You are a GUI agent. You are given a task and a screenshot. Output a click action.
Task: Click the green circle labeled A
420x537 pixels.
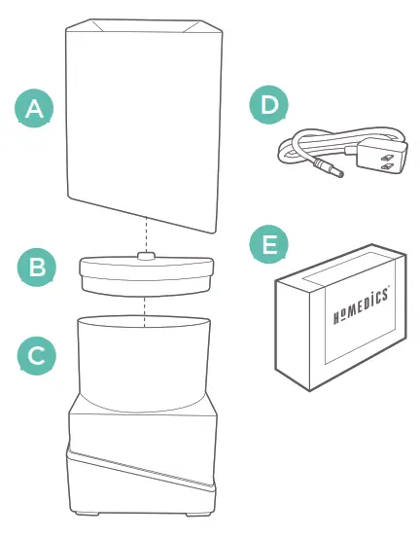tap(34, 109)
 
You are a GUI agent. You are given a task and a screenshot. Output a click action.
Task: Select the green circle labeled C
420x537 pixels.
tap(36, 356)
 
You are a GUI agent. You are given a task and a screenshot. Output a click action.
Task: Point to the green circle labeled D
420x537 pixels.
tap(269, 105)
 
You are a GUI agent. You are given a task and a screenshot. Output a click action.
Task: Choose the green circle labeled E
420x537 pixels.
tap(269, 246)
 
